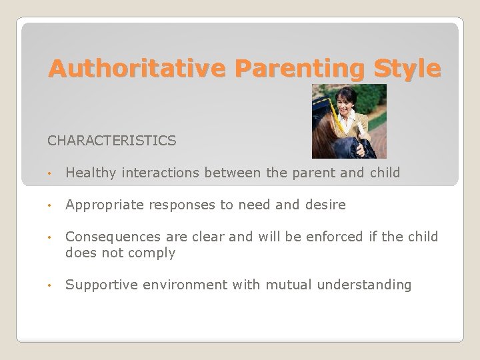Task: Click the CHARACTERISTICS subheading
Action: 111,141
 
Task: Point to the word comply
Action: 154,252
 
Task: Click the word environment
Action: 184,285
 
